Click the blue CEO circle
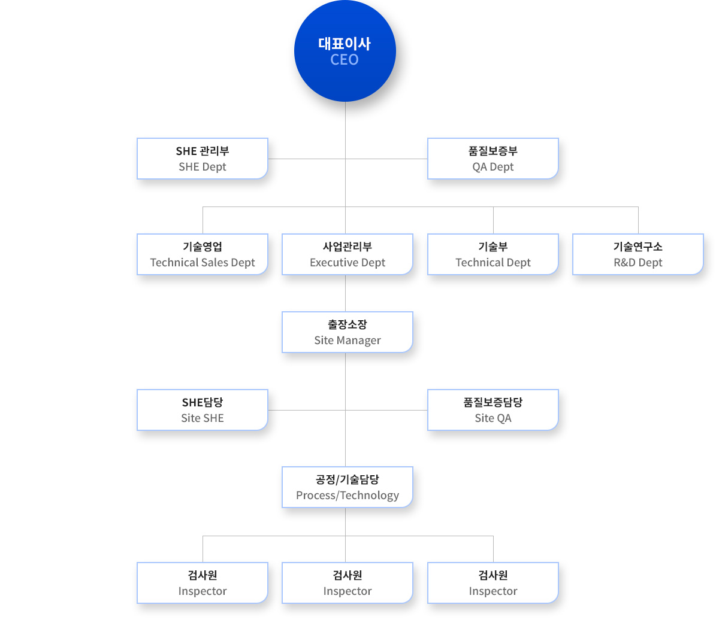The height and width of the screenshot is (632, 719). (x=345, y=51)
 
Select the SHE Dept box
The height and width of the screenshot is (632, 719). (x=203, y=159)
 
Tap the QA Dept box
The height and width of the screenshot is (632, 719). (x=493, y=159)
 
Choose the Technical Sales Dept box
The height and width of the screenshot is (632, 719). (x=203, y=254)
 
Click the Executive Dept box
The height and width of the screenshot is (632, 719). (x=348, y=254)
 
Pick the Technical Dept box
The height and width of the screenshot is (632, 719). (x=493, y=254)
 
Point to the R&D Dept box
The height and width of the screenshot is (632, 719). (x=638, y=254)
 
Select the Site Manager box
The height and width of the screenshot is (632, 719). (x=348, y=332)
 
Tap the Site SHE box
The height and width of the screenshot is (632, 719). (x=203, y=410)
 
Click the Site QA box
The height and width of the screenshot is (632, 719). (x=493, y=410)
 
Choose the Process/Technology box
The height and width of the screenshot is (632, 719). (x=348, y=487)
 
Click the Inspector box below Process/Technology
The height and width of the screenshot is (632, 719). (x=348, y=583)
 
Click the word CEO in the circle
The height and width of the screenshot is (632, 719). (x=345, y=59)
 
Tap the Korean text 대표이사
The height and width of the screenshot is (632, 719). (x=345, y=44)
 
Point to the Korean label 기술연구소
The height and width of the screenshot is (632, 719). (x=638, y=247)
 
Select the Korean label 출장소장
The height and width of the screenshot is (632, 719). (x=348, y=324)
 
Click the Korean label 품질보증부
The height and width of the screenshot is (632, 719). (x=493, y=151)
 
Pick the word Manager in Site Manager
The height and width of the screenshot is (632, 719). (x=358, y=341)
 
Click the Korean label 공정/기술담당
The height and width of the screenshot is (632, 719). (x=348, y=479)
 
